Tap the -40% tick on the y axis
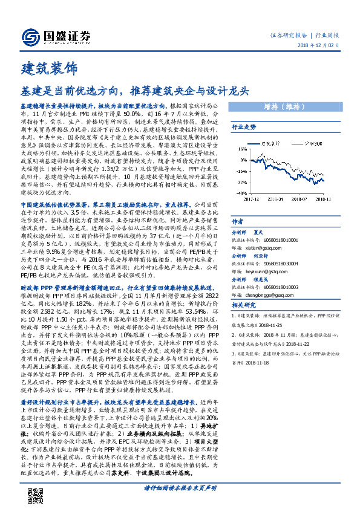pos(241,193)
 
